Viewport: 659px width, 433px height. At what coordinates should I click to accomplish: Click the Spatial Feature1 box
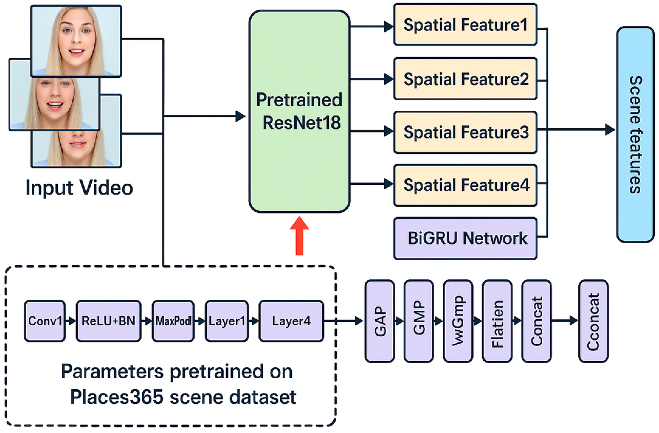[x=465, y=24]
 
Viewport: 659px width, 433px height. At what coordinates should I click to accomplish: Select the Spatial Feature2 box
[x=465, y=79]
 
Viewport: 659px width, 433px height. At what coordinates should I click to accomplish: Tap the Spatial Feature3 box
[x=465, y=132]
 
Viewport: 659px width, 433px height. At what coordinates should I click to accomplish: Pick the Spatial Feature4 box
[x=465, y=185]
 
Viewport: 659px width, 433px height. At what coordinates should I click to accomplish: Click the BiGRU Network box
[x=465, y=238]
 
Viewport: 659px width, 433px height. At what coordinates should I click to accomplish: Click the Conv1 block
[x=45, y=321]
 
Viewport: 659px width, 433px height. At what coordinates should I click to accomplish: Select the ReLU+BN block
[x=109, y=321]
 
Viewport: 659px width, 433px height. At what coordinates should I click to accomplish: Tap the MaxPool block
[x=173, y=321]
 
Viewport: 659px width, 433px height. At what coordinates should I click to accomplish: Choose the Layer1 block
[x=226, y=321]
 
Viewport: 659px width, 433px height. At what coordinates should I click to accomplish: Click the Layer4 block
[x=291, y=321]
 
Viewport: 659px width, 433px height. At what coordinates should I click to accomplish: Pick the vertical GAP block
[x=380, y=321]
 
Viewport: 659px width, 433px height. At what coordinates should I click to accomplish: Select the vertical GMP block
[x=419, y=321]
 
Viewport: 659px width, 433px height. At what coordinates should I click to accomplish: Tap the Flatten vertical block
[x=497, y=321]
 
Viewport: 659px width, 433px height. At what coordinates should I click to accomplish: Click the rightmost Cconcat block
[x=593, y=321]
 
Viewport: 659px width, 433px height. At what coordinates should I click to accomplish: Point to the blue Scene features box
[x=635, y=134]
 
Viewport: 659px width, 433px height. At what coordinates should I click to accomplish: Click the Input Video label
[x=79, y=188]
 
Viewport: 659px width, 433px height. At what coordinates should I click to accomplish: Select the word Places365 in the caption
[x=117, y=397]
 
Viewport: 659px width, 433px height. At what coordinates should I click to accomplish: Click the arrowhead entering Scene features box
[x=610, y=129]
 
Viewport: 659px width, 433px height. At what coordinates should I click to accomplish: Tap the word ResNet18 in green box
[x=301, y=123]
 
